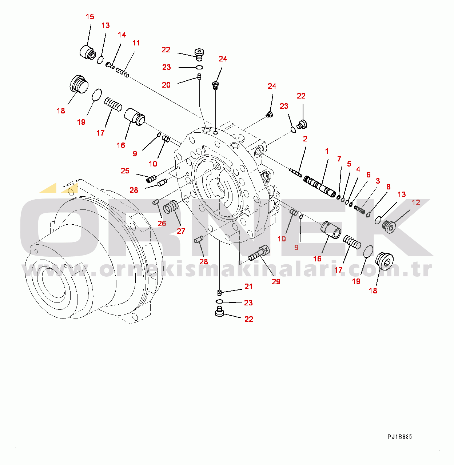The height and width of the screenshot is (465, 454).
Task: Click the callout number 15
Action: coord(90,17)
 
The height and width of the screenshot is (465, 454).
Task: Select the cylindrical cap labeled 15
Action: coord(87,52)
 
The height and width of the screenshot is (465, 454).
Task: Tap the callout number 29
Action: coord(276,281)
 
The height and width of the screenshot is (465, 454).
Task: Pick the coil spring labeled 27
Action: coord(171,207)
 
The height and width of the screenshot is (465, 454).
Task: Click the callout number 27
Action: coord(181,231)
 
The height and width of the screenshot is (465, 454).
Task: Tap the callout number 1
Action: coord(327,151)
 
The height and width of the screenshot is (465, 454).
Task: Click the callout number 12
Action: coord(416,203)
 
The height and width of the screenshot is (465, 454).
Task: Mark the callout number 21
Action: coord(248,286)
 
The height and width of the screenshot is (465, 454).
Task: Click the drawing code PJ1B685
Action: coord(399,437)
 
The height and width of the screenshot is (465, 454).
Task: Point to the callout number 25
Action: coord(125,171)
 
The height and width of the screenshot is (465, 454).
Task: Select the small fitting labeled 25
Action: coord(151,179)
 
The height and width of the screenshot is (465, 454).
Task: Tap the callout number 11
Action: coord(136,43)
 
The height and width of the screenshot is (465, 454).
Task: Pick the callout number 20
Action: coord(166,85)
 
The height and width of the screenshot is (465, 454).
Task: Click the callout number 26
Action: coord(162,223)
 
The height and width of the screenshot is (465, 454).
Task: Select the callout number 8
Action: coord(389,187)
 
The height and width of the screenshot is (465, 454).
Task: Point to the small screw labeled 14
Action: coord(110,65)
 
